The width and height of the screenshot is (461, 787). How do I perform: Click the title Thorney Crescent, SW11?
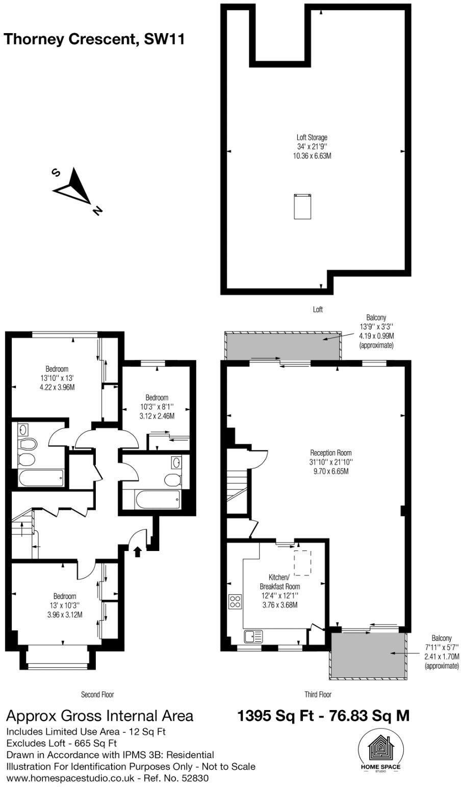94,39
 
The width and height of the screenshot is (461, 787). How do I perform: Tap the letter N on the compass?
97,209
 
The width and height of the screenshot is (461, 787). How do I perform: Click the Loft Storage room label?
312,146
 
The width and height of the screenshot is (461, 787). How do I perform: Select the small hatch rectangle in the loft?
302,206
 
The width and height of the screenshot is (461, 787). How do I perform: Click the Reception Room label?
331,462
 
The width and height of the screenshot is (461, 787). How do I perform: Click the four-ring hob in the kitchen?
236,601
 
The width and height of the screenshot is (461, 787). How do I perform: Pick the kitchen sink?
253,636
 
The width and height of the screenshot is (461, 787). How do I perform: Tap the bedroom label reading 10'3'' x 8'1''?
157,406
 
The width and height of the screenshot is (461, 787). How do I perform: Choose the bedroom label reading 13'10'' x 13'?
57,378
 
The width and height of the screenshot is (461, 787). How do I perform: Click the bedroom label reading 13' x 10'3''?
65,605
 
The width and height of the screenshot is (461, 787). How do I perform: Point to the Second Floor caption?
97,694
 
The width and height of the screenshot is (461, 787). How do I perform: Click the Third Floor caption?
318,694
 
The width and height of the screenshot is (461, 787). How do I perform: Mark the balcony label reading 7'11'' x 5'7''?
441,651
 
